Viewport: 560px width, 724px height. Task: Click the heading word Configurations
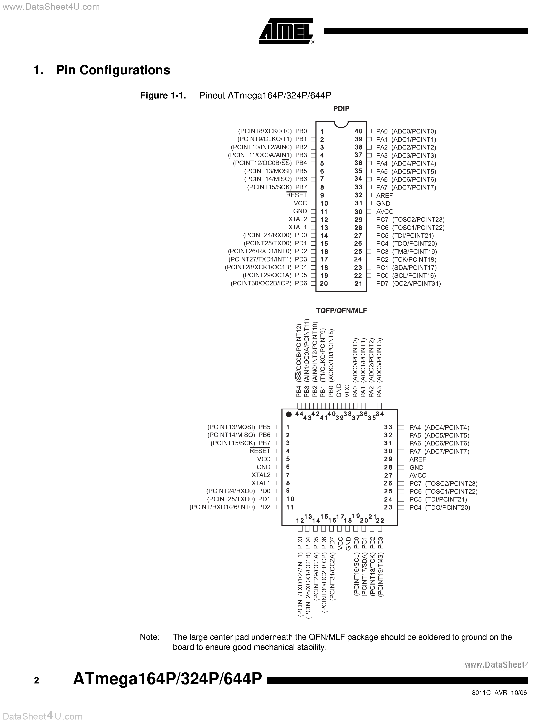(113, 70)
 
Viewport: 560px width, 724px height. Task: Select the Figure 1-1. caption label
(163, 96)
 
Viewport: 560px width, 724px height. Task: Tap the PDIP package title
(341, 108)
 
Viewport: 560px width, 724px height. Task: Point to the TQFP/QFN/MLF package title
(341, 311)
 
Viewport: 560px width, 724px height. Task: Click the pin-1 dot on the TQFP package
(289, 414)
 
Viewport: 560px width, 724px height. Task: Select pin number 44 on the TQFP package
(299, 413)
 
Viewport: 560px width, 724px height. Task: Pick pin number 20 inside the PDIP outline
(324, 284)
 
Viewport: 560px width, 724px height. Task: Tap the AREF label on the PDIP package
(384, 196)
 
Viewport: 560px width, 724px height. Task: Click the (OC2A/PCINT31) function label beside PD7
(416, 284)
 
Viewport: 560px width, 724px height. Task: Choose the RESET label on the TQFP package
(260, 451)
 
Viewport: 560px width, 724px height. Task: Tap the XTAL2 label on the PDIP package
(298, 219)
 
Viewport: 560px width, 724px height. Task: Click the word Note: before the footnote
(150, 637)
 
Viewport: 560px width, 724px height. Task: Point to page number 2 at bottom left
(36, 681)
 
